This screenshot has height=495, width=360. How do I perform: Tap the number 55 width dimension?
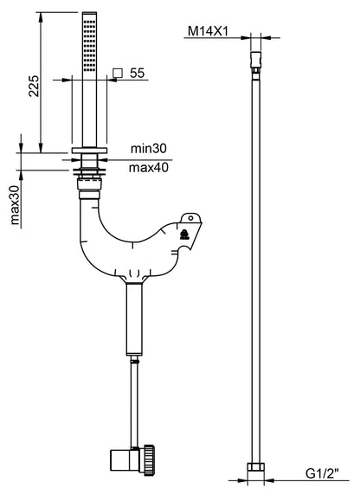click(x=136, y=74)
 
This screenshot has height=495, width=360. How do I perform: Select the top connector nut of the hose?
click(x=256, y=60)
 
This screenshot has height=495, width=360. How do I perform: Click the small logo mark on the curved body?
click(x=184, y=232)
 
